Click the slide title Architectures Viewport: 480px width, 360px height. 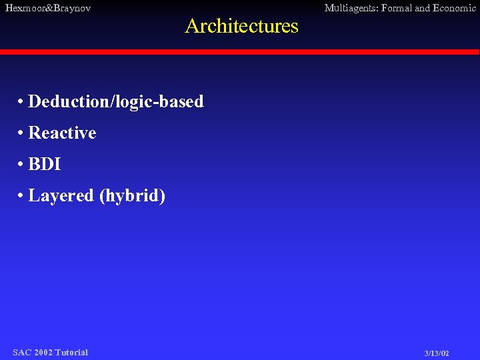tap(241, 26)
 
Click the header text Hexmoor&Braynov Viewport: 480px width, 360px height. tap(48, 8)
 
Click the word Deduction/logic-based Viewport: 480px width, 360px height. tap(116, 102)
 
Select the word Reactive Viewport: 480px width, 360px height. tap(62, 133)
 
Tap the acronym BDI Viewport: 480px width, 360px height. tap(45, 165)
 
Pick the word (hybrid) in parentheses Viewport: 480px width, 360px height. tap(132, 196)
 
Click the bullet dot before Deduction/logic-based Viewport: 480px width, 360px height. tap(22, 102)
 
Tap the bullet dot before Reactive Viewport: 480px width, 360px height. tap(22, 133)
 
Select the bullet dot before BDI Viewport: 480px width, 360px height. tap(22, 165)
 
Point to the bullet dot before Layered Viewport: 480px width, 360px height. tap(22, 196)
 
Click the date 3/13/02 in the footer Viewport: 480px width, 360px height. tap(437, 353)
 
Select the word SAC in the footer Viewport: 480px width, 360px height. tap(21, 352)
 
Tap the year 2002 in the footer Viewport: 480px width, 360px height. tap(43, 352)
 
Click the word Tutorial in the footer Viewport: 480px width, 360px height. tap(71, 352)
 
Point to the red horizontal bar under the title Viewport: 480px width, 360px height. tap(240, 52)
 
